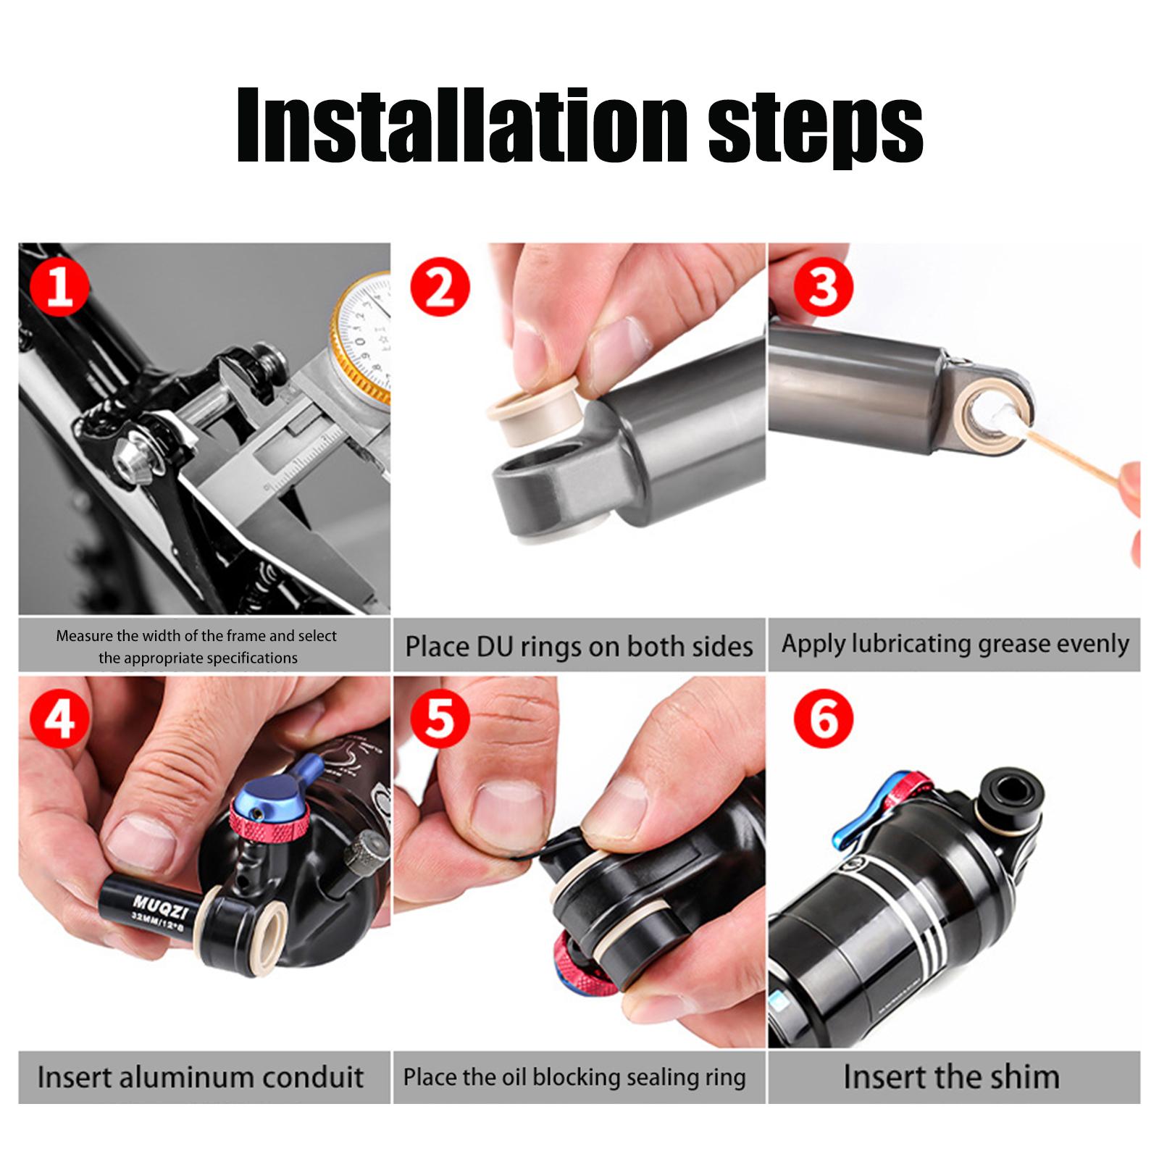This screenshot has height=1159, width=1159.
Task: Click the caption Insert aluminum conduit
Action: (x=201, y=1077)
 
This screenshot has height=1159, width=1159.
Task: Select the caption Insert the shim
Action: (x=951, y=1077)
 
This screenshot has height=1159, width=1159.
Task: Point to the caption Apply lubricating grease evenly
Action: (x=955, y=645)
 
